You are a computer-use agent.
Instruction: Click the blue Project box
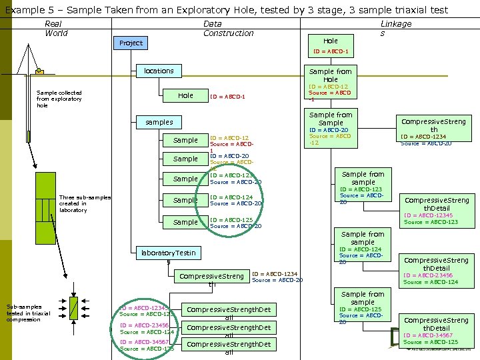[x=131, y=43]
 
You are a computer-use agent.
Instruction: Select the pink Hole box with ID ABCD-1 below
[x=330, y=41]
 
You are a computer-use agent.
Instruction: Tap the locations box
[x=159, y=71]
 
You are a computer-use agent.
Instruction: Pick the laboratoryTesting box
[x=167, y=253]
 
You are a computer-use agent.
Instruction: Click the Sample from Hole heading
[x=330, y=75]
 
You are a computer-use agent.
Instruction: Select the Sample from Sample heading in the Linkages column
[x=330, y=119]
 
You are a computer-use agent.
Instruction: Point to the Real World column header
[x=56, y=28]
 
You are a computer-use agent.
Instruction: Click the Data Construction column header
[x=228, y=28]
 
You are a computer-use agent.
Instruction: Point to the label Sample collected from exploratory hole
[x=59, y=99]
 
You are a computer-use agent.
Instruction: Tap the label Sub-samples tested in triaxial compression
[x=28, y=313]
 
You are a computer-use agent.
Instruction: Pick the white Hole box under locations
[x=185, y=96]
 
